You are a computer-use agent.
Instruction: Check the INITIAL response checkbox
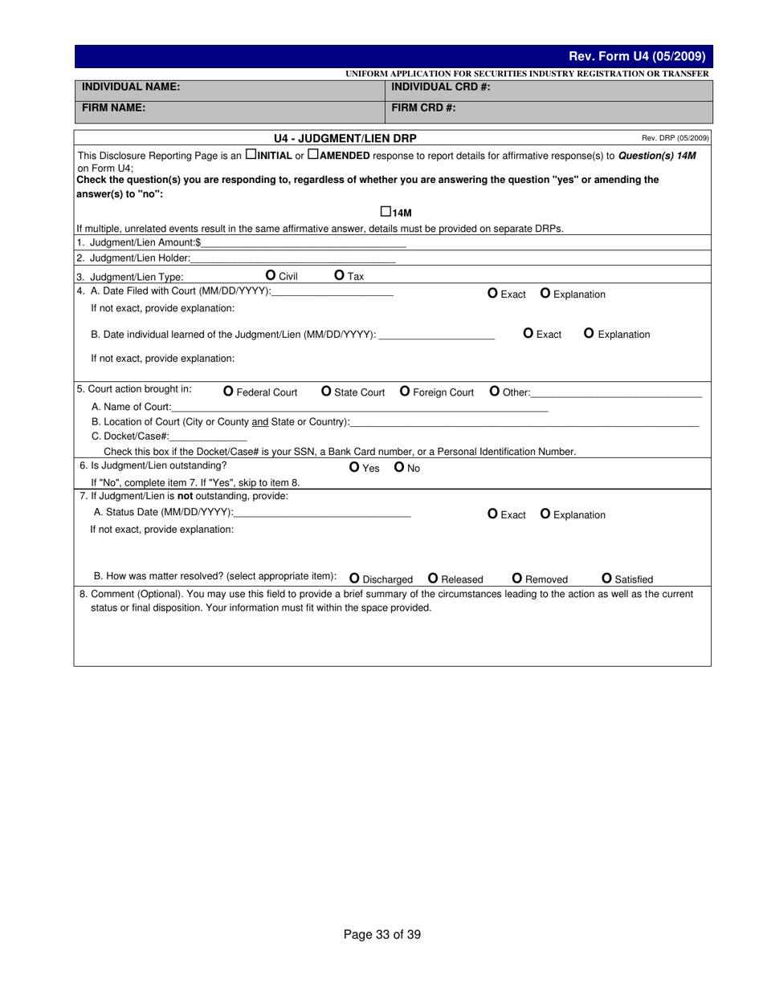251,154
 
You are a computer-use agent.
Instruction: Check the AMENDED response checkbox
313,154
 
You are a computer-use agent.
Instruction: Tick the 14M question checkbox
386,212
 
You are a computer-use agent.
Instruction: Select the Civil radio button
270,275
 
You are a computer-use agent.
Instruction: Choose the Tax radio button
339,275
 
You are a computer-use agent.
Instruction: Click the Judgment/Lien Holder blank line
293,258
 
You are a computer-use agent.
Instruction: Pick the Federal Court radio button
228,392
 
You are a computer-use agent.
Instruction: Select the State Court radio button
326,392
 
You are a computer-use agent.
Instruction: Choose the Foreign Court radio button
405,392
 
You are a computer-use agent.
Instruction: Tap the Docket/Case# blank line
208,436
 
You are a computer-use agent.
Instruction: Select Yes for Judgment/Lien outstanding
355,467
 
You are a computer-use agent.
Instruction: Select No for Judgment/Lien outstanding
399,467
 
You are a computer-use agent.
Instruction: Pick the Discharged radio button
354,578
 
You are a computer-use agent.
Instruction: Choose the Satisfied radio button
606,578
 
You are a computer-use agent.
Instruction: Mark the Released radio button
433,578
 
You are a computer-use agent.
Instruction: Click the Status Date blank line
322,512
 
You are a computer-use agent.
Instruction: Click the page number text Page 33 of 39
382,934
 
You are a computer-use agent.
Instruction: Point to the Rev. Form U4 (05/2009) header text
637,56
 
